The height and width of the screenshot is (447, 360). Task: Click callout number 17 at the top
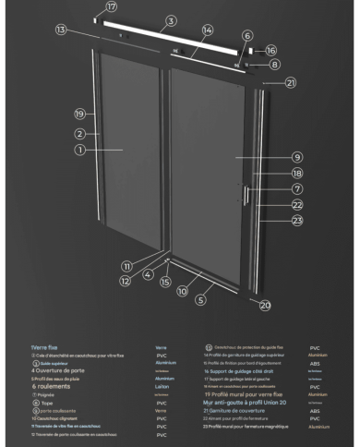click(112, 6)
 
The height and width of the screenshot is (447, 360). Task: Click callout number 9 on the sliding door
click(271, 157)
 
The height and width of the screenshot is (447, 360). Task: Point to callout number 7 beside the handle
click(271, 188)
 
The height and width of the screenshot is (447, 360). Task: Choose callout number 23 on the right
click(271, 220)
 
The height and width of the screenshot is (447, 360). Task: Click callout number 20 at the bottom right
click(265, 304)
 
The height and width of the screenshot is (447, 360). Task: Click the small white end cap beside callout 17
click(96, 18)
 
